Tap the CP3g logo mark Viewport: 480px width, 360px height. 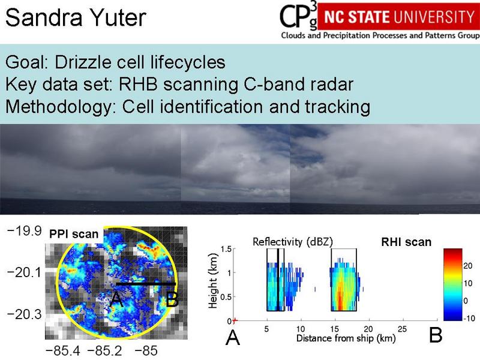[298, 16]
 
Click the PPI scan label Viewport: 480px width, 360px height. [74, 234]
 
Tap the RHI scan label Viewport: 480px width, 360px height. [406, 242]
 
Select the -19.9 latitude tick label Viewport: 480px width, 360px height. [24, 231]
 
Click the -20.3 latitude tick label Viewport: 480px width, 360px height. [24, 314]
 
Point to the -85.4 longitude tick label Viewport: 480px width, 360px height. [63, 351]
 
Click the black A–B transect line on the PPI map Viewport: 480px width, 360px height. [146, 284]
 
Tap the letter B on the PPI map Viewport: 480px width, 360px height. [172, 299]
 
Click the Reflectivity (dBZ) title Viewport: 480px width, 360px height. [293, 242]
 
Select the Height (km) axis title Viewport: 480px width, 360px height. [212, 281]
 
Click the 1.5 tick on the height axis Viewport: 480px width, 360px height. [227, 249]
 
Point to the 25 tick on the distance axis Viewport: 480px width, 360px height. [402, 329]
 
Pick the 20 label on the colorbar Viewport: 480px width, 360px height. [468, 266]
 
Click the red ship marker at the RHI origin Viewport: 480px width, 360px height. [235, 321]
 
